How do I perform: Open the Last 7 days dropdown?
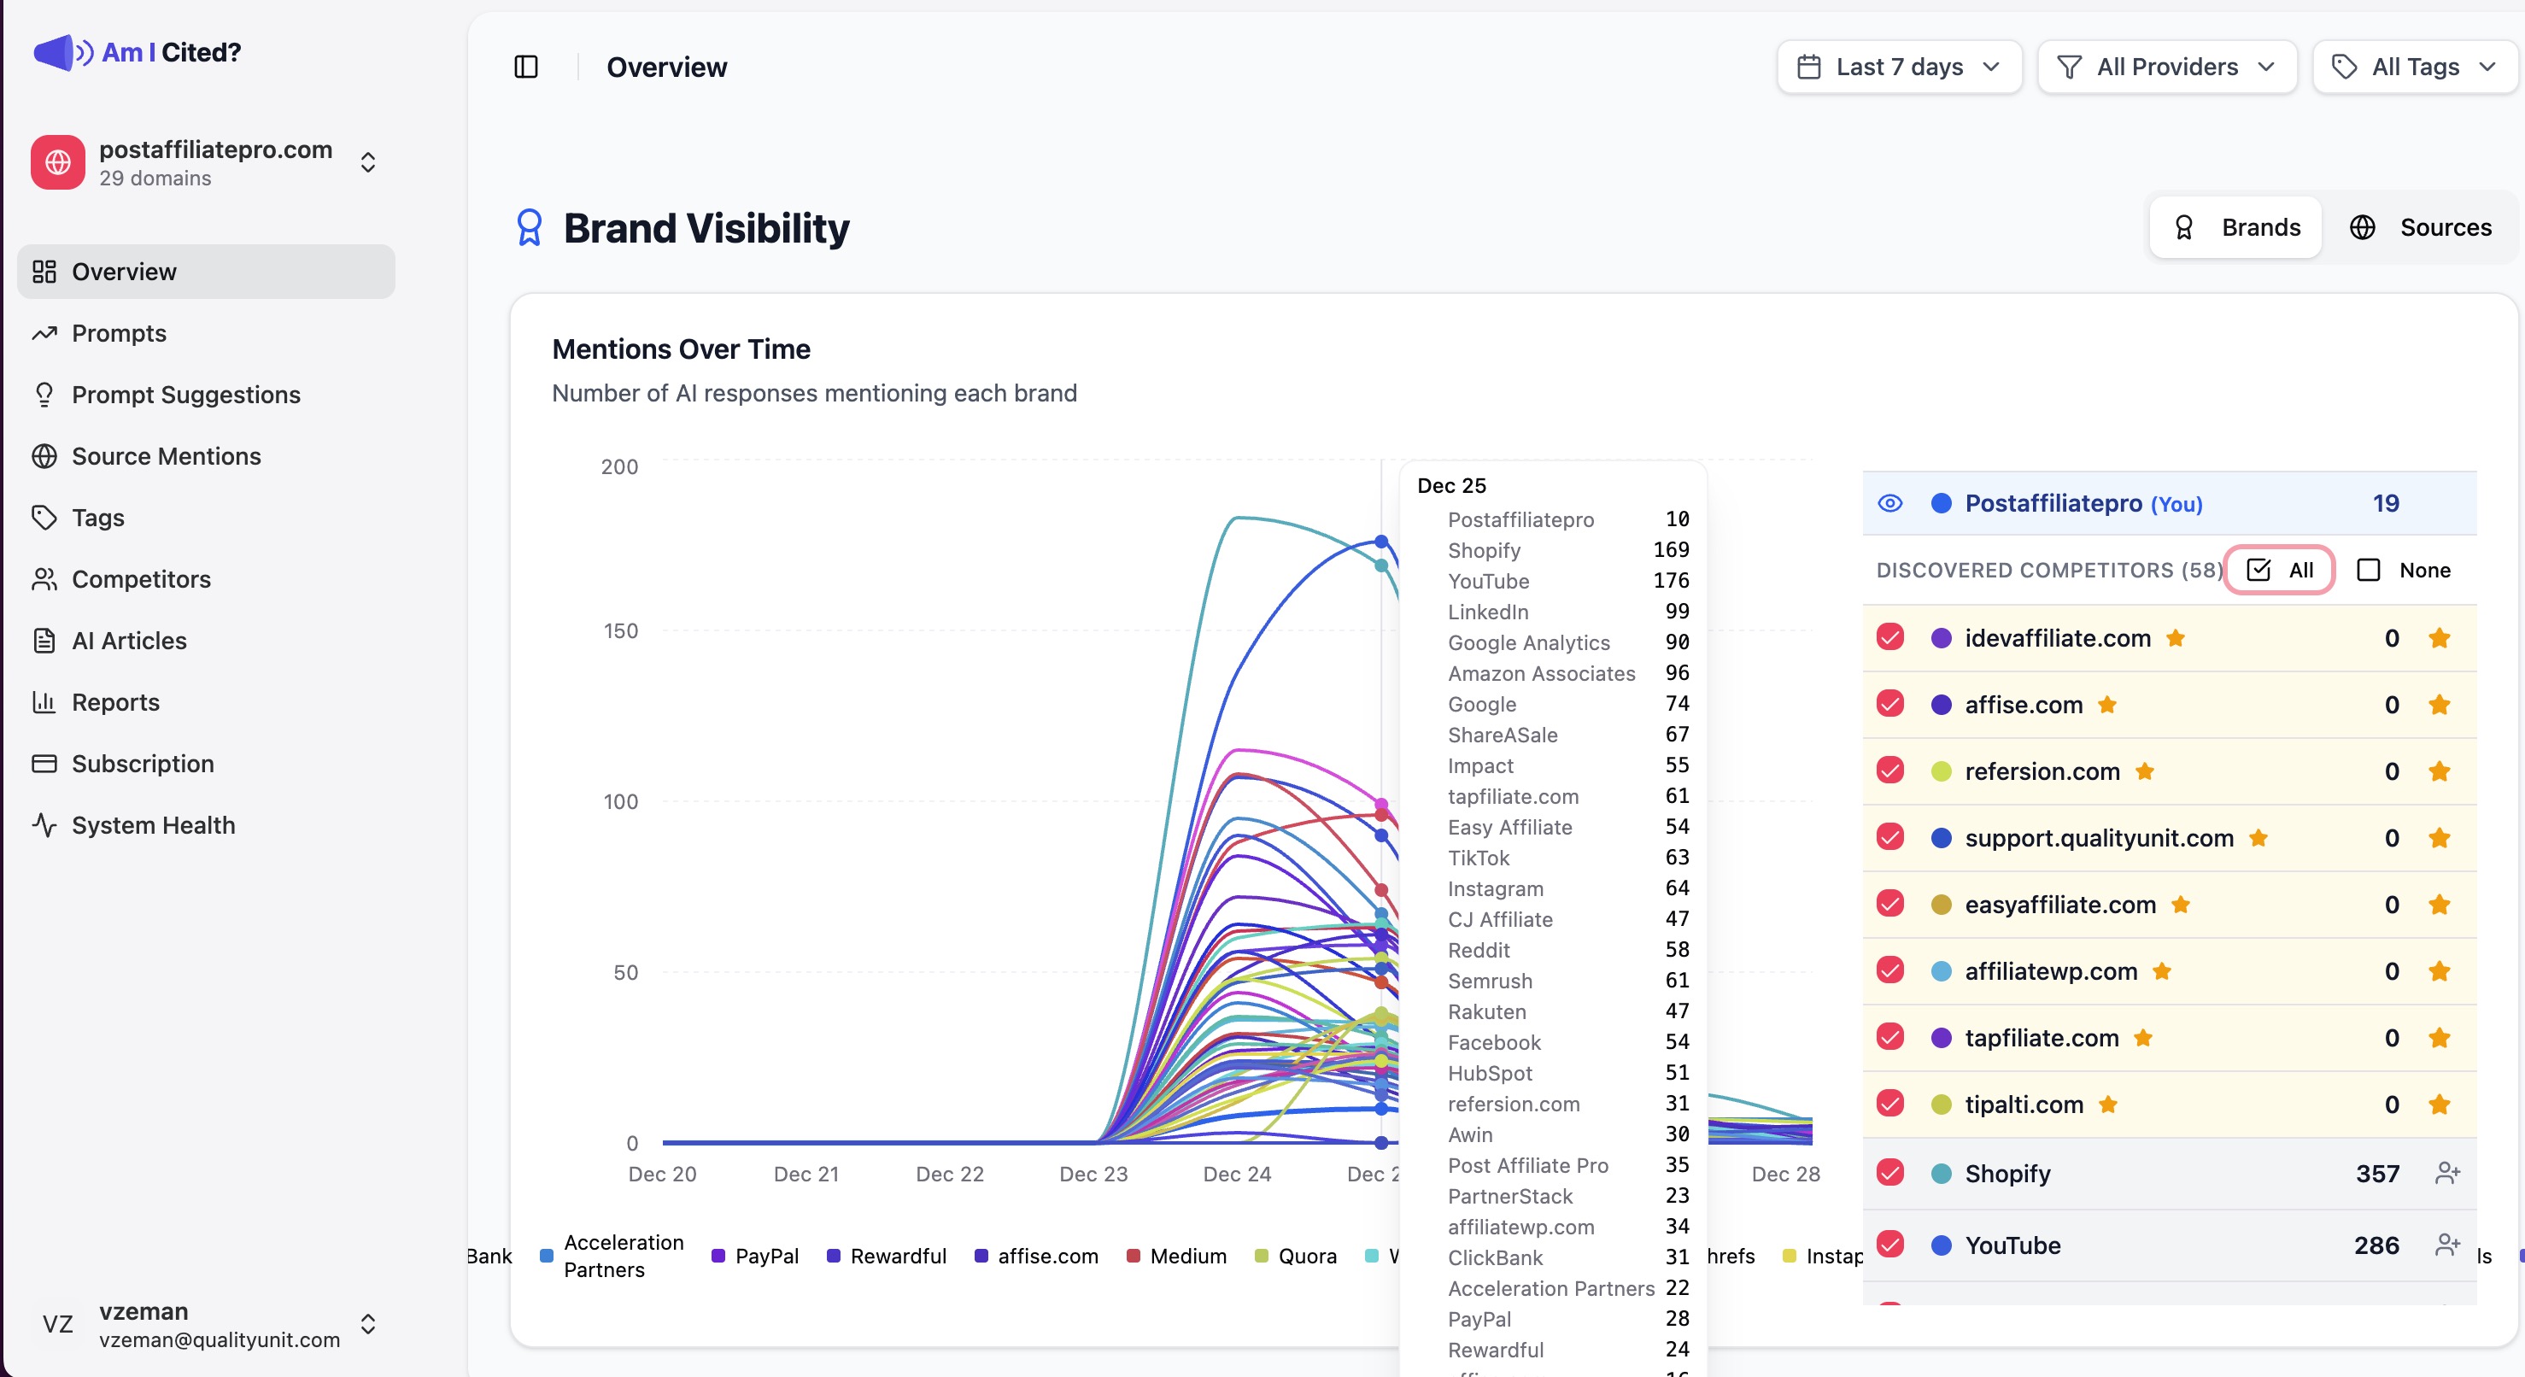click(1899, 67)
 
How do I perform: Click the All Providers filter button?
click(2166, 67)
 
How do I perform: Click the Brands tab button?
click(2235, 227)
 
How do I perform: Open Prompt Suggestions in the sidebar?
click(185, 395)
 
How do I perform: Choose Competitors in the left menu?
click(141, 579)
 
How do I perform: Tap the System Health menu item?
click(153, 825)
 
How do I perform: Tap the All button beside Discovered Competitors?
click(2279, 571)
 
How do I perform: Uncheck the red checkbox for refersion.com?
click(1889, 771)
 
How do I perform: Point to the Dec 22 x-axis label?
click(949, 1175)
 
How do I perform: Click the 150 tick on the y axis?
click(619, 631)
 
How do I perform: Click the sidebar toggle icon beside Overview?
click(526, 67)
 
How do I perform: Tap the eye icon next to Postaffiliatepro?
click(1889, 504)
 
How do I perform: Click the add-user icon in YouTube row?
click(2446, 1245)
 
